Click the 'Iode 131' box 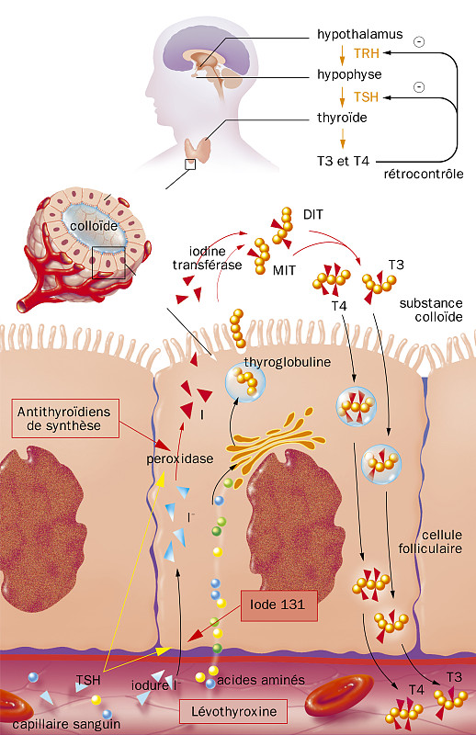pyautogui.click(x=278, y=604)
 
